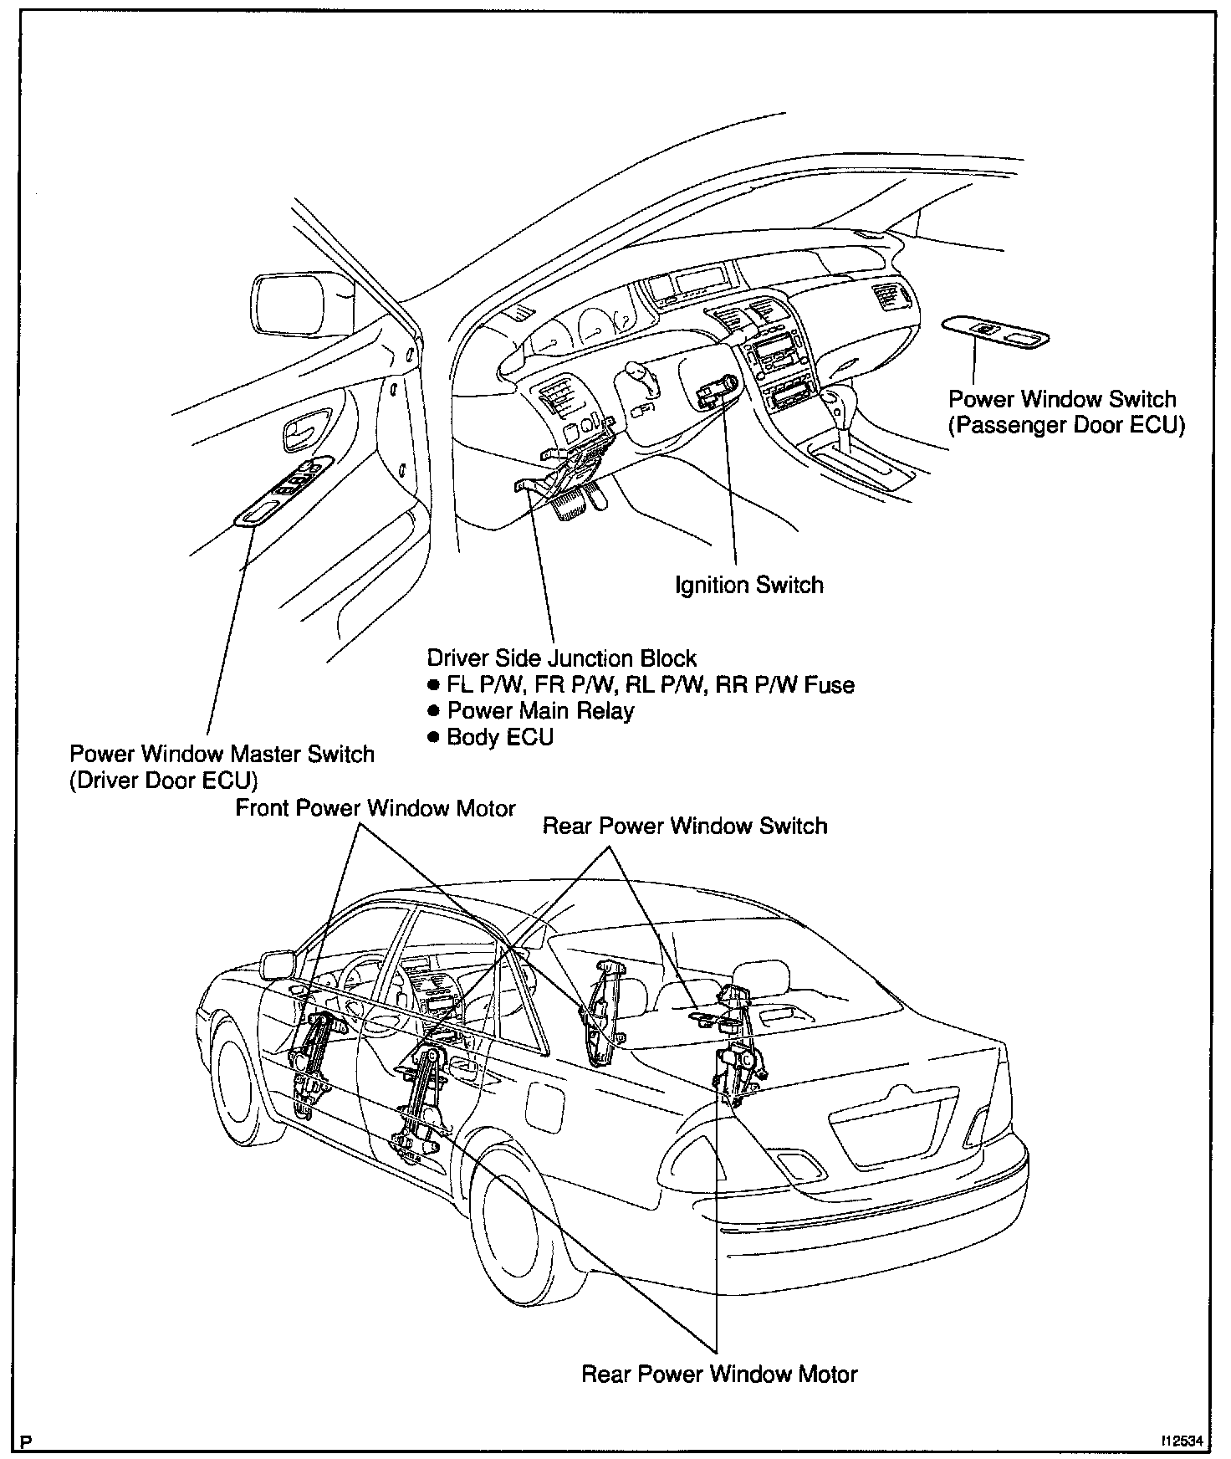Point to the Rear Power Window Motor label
point(719,1374)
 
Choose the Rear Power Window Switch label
point(685,826)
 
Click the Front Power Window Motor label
point(375,808)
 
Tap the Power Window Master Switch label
point(222,754)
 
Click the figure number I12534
point(1180,1441)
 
